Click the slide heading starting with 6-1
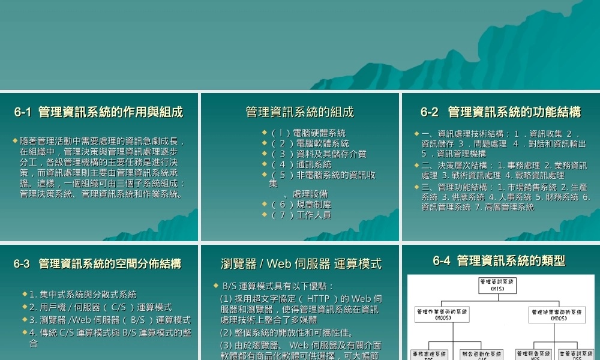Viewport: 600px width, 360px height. coord(99,112)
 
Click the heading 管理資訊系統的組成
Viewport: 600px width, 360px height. coord(300,112)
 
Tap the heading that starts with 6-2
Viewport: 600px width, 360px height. coord(500,112)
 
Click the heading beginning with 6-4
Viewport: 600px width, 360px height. coord(499,261)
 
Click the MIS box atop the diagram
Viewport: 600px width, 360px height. coord(497,285)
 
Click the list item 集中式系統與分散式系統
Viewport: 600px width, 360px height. coord(83,295)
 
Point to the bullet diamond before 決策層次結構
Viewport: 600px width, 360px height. coord(416,165)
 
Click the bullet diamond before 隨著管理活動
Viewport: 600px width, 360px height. coord(15,140)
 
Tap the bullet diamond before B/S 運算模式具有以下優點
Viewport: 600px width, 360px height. coord(216,286)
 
